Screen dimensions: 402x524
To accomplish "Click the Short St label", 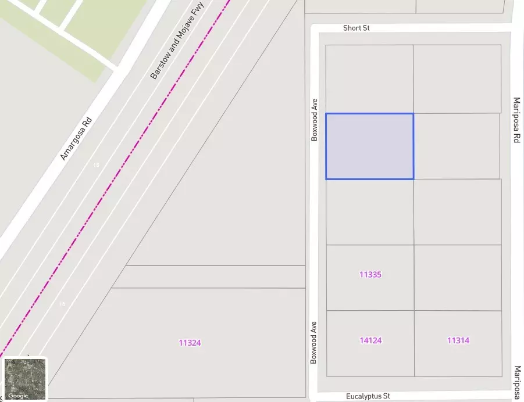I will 356,28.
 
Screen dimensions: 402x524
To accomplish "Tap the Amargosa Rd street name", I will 76,139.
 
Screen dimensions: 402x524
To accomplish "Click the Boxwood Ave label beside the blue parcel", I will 315,119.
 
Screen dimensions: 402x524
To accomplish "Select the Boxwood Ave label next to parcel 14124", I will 314,342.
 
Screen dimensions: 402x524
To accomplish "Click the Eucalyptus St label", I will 368,396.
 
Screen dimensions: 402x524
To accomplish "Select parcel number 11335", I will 370,274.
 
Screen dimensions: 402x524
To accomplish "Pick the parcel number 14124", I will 370,340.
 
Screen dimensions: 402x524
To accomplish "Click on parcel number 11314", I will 458,340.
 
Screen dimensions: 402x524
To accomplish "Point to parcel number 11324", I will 190,343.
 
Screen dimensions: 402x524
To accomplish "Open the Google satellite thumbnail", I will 25,379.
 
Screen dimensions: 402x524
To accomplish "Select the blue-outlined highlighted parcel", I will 369,146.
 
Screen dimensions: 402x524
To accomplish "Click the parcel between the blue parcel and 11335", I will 370,212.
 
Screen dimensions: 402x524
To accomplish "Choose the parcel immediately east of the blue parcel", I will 457,146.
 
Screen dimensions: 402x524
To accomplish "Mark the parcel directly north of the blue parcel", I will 369,79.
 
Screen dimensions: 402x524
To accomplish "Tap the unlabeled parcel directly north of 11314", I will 458,278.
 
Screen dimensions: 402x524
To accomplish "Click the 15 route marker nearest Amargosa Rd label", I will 96,166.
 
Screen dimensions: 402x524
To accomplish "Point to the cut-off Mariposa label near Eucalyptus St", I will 518,383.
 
